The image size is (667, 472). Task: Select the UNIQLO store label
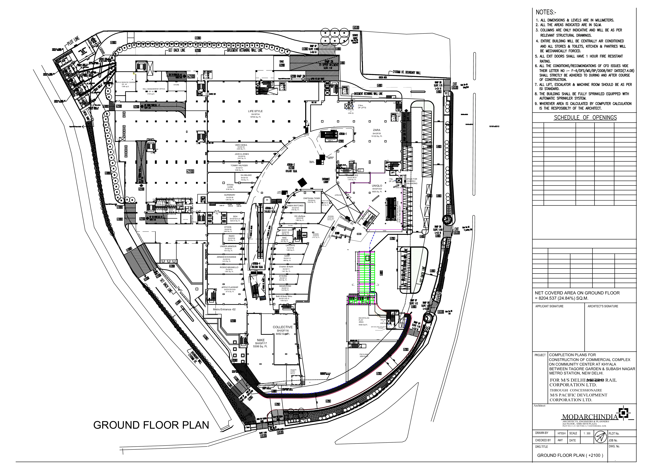pos(377,186)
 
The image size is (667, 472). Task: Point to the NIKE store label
pos(261,340)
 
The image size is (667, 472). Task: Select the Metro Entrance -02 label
pos(224,310)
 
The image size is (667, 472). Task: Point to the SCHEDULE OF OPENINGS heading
pos(585,118)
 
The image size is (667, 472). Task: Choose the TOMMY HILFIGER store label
pos(239,166)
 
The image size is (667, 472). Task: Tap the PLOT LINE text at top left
pos(73,42)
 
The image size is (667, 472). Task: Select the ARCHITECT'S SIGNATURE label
pos(603,306)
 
